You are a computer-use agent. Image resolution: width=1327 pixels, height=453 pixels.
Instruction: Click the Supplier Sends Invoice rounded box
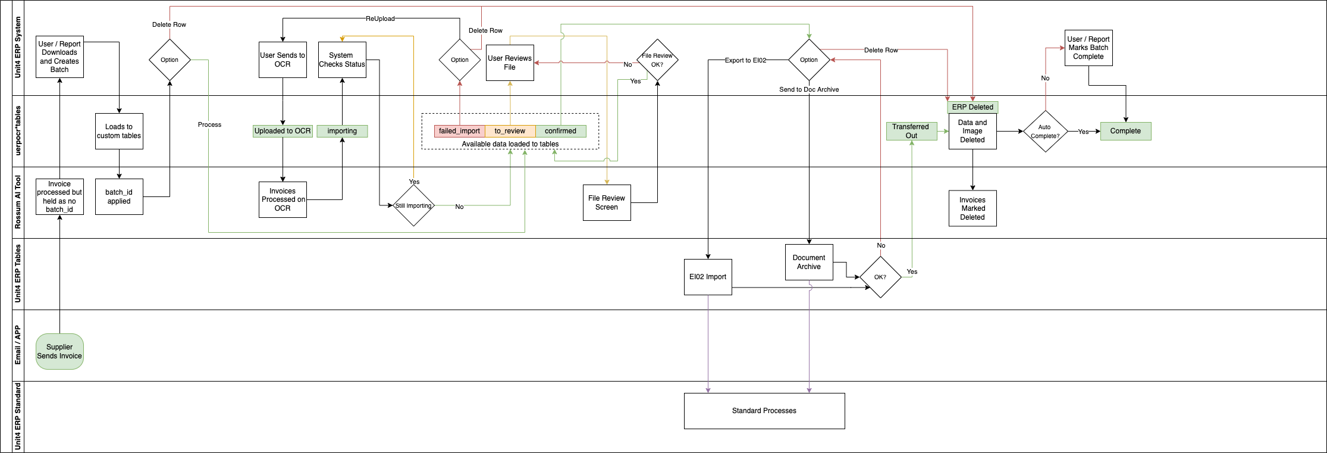coord(59,351)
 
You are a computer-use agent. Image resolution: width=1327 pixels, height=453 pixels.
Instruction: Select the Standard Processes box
coord(764,411)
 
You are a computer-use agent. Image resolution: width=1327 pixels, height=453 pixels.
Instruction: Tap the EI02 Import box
coord(708,277)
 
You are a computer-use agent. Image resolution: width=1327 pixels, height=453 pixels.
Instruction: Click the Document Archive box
coord(808,262)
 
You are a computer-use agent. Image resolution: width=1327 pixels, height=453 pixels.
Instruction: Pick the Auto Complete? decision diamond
coord(1045,131)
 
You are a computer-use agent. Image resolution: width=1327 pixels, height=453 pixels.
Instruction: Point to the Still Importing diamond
coord(413,205)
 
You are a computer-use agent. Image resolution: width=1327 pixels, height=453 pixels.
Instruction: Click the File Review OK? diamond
coord(657,60)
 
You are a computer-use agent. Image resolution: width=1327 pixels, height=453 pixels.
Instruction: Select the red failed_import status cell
coord(459,131)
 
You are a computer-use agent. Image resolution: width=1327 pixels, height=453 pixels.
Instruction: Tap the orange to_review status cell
coord(510,131)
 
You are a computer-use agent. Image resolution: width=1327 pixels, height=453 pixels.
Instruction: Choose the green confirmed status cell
coord(560,131)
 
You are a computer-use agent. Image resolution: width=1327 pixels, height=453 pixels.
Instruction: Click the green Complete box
coord(1125,131)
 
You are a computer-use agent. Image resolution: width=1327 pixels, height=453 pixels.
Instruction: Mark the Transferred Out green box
coord(911,131)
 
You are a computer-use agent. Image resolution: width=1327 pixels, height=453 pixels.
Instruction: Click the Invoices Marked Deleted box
coord(972,208)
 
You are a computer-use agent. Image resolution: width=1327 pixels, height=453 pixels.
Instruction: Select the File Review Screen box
coord(606,202)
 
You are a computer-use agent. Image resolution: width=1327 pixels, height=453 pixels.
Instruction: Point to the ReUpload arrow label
coord(380,18)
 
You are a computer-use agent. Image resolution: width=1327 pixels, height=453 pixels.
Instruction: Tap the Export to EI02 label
coord(745,60)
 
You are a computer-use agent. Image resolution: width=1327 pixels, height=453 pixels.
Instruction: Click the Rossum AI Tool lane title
coord(18,202)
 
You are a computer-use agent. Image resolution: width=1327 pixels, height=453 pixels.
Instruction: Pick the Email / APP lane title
coord(18,345)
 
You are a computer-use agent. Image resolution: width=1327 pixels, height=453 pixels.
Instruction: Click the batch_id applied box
coord(119,196)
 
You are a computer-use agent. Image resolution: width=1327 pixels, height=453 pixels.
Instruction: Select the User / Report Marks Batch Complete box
coord(1088,48)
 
